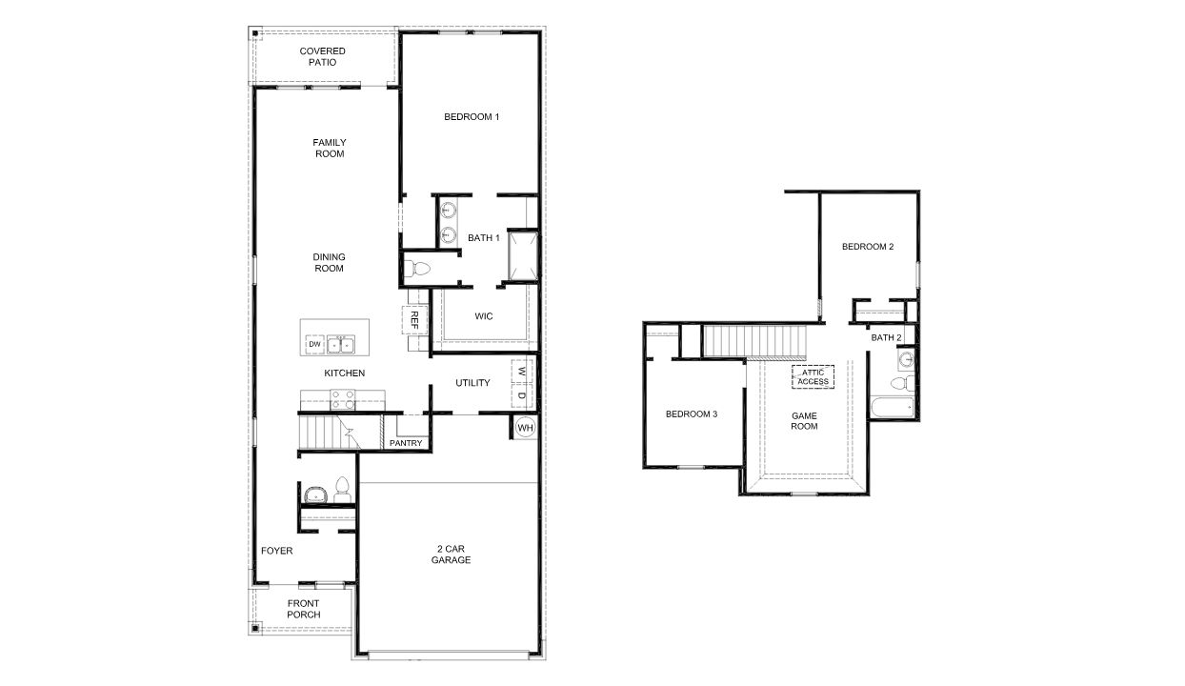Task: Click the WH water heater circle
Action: [x=524, y=429]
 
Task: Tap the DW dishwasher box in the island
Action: [x=314, y=344]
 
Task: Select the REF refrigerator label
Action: [x=415, y=319]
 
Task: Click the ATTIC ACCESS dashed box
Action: [x=813, y=376]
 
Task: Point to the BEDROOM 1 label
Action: [x=472, y=117]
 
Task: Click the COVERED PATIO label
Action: [x=322, y=56]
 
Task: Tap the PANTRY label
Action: [x=406, y=443]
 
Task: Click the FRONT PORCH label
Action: [x=304, y=609]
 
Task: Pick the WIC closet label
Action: [x=484, y=316]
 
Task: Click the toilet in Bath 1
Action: [x=415, y=268]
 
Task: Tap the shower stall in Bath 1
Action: [x=523, y=256]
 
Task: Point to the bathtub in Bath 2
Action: [x=891, y=407]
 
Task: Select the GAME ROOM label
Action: [x=805, y=420]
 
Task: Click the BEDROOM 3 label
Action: [x=691, y=414]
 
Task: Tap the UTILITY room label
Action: [x=472, y=383]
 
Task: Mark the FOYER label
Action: [x=277, y=551]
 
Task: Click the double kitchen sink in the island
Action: [x=341, y=343]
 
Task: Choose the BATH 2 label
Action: [x=886, y=337]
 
